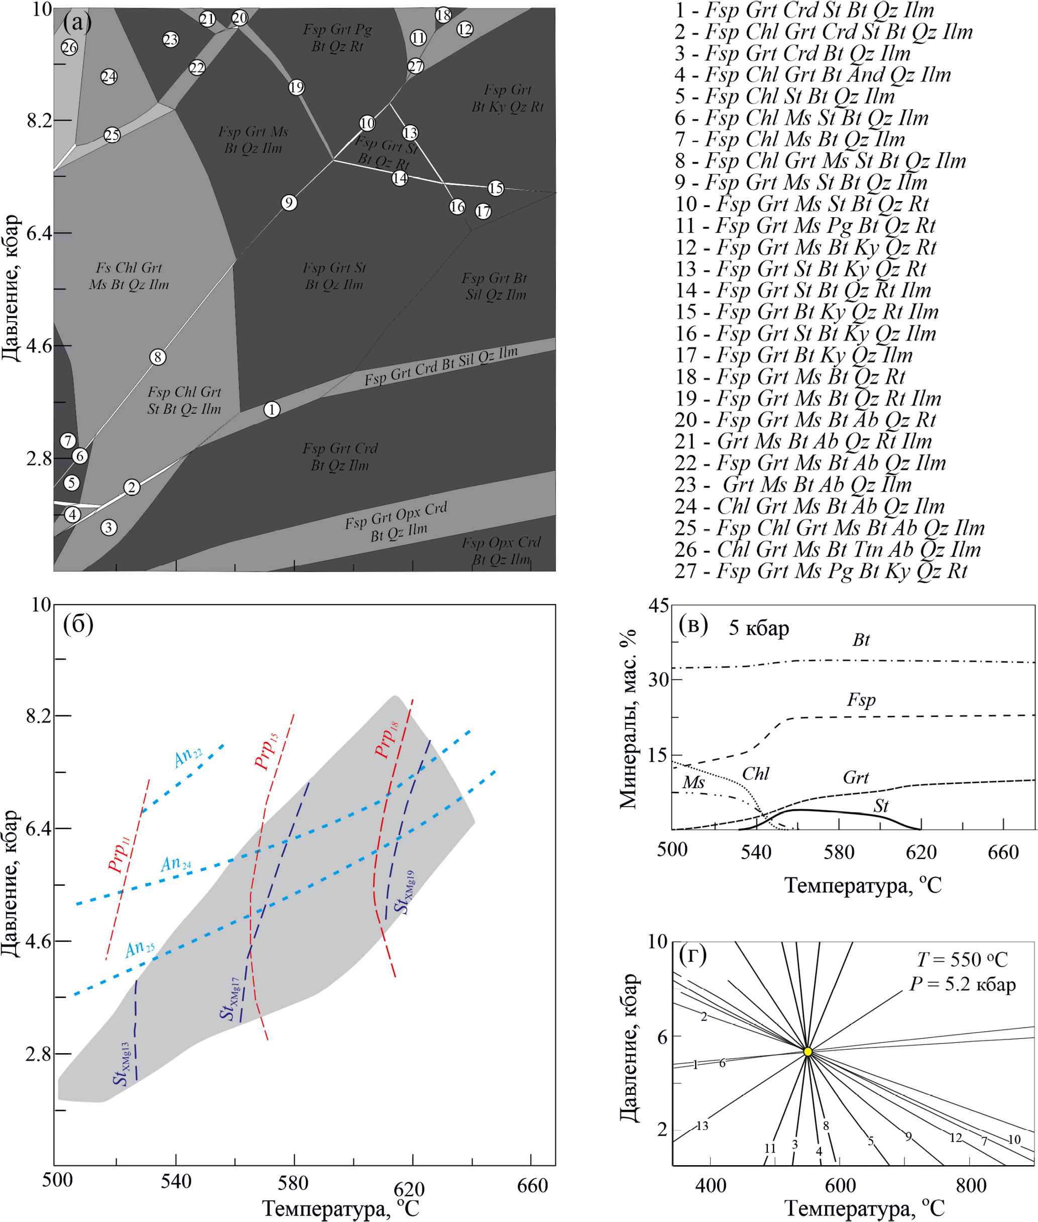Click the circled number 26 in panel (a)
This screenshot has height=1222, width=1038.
(69, 47)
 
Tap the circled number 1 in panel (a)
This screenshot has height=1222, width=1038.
(271, 409)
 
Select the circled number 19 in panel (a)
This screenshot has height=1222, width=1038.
(297, 87)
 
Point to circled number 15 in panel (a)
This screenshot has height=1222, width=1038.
(496, 188)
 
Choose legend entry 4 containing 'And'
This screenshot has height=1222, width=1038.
(813, 75)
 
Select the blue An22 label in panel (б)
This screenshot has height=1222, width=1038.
(188, 758)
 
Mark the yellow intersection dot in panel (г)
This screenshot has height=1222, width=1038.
(808, 1052)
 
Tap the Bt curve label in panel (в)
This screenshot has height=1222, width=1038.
(860, 640)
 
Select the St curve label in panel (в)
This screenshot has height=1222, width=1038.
(880, 806)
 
